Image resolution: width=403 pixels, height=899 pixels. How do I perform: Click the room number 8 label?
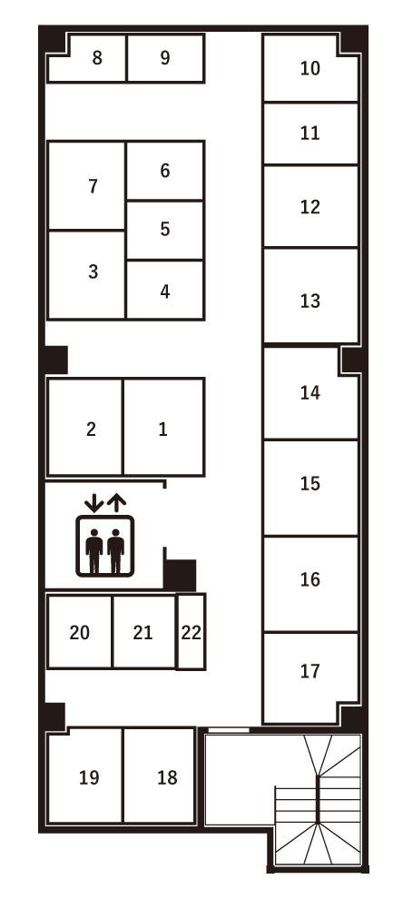97,58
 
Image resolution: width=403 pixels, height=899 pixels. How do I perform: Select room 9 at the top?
165,58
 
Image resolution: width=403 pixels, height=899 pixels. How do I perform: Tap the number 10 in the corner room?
310,68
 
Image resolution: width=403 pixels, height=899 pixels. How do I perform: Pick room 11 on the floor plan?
310,133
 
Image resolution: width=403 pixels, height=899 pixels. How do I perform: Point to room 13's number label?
310,301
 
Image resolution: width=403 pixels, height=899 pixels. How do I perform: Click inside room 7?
93,187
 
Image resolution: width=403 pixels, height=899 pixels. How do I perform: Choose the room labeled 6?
165,171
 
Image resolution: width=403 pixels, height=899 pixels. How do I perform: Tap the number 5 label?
165,229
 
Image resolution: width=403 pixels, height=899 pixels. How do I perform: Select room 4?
165,292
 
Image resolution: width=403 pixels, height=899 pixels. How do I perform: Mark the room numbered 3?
93,272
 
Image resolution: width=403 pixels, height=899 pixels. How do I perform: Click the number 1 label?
163,430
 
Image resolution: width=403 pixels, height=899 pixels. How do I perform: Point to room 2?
91,430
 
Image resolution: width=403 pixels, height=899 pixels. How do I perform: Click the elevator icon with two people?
104,546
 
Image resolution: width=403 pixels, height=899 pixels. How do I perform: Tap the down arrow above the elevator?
93,501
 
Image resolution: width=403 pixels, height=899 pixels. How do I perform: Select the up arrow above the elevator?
116,501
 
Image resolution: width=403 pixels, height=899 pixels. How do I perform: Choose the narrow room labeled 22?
191,633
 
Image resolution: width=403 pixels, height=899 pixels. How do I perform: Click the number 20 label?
80,633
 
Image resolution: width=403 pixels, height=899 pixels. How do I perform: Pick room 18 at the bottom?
167,778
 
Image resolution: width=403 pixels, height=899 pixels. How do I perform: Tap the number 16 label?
310,580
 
